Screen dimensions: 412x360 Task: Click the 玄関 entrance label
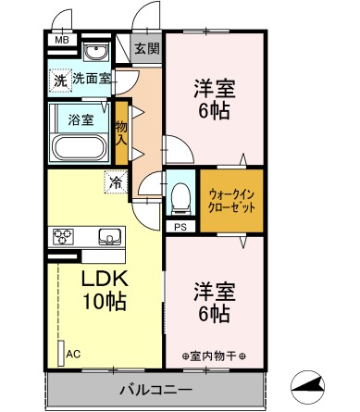(x=145, y=48)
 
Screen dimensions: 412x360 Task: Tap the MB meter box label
(x=61, y=41)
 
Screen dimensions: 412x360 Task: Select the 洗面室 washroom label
(x=92, y=80)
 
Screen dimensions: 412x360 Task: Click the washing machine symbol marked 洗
(x=59, y=80)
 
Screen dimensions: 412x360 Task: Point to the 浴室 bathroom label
(x=81, y=119)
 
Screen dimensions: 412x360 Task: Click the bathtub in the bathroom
(x=80, y=146)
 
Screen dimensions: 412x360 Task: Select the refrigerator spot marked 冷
(x=115, y=182)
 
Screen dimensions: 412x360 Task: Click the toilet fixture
(x=180, y=194)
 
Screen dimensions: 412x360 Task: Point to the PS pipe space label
(x=179, y=225)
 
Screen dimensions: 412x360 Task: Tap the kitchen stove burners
(x=64, y=235)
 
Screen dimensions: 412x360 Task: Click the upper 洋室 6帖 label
(x=215, y=99)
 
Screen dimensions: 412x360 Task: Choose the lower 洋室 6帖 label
(x=214, y=302)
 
